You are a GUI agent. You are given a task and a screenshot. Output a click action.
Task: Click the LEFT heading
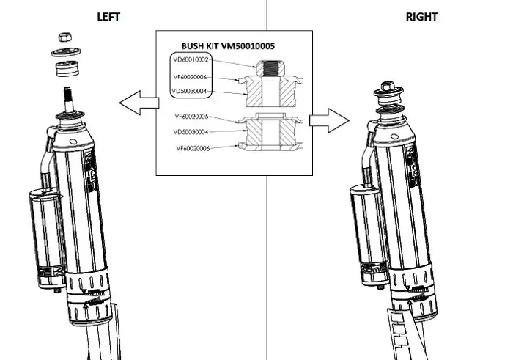[x=108, y=17]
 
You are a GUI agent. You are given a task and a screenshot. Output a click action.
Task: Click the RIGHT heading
[x=421, y=17]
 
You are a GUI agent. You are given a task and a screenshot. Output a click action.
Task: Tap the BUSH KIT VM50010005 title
[x=235, y=45]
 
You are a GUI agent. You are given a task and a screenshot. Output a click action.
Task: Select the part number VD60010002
[x=190, y=59]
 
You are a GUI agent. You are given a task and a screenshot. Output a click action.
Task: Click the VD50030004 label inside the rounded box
[x=190, y=92]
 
